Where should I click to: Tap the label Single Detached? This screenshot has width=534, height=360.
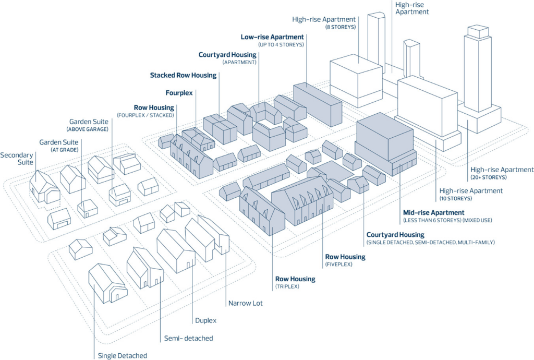tap(123, 356)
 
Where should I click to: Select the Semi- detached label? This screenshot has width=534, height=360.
tap(188, 338)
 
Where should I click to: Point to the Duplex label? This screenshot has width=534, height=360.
tap(205, 320)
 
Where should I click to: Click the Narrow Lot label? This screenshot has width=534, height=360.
tap(245, 303)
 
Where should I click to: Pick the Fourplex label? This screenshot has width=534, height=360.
tap(179, 93)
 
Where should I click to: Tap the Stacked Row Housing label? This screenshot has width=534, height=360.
tap(183, 75)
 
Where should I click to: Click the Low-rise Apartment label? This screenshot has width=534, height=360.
tap(272, 37)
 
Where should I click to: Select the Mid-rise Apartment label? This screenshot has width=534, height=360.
tap(433, 212)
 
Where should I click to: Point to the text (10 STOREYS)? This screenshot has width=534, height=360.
tap(456, 199)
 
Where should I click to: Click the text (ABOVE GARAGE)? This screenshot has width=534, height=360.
tap(89, 129)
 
